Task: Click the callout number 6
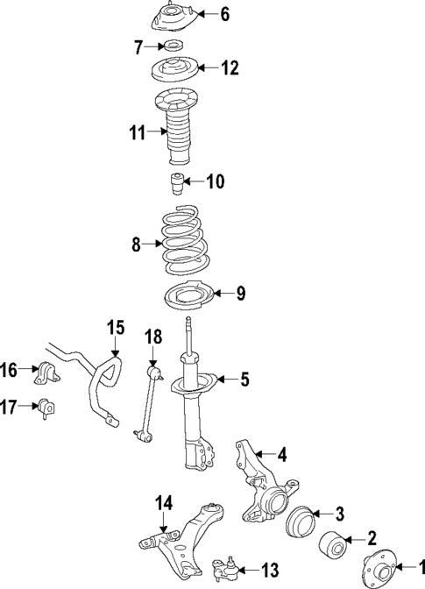(x=224, y=13)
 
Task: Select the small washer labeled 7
(x=174, y=46)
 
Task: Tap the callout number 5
(x=244, y=379)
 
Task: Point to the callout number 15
(x=116, y=329)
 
